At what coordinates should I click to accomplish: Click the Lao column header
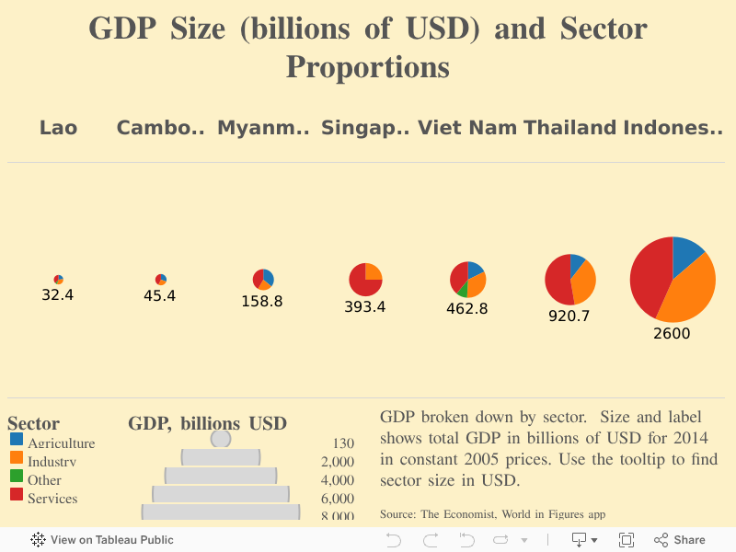58,128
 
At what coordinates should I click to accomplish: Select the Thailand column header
570,128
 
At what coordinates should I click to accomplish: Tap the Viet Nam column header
467,128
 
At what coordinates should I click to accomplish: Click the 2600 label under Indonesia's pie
672,334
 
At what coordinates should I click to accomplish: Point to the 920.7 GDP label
570,316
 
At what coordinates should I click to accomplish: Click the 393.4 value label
365,307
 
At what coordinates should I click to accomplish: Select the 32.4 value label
58,295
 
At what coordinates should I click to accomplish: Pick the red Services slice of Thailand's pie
558,281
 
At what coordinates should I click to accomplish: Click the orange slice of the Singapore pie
373,272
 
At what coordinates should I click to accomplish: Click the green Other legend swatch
17,477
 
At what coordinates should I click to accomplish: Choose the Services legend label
52,499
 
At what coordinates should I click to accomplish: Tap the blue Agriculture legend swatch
17,440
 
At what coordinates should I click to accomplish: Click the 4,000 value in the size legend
337,480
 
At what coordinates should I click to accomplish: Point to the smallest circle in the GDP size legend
221,439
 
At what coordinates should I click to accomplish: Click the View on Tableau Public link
102,540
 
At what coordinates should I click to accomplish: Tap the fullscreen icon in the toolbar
627,540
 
